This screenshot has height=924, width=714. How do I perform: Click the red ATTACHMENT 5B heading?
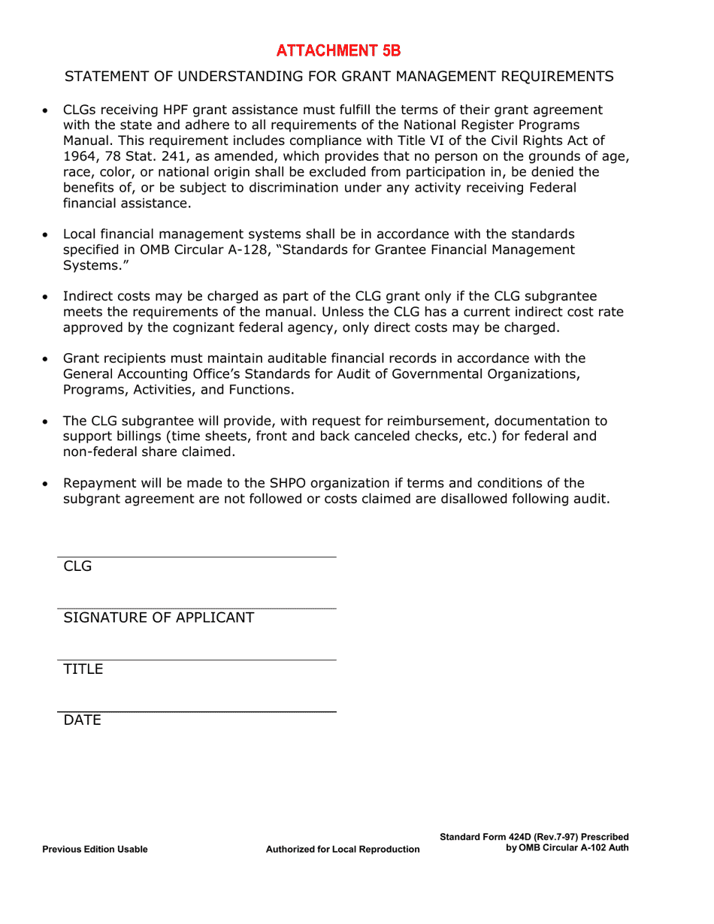[338, 50]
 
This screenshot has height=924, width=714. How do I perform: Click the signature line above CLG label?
[197, 557]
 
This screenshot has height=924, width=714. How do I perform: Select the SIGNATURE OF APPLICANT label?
[159, 618]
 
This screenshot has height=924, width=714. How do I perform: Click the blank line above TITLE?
[197, 660]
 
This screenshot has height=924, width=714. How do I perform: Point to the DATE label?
[82, 720]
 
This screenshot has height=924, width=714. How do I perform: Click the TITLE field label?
[83, 669]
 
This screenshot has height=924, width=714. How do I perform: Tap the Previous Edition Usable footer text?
[95, 850]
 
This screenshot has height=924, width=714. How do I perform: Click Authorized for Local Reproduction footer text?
[343, 850]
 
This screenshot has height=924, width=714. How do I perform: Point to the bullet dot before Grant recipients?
[47, 360]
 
